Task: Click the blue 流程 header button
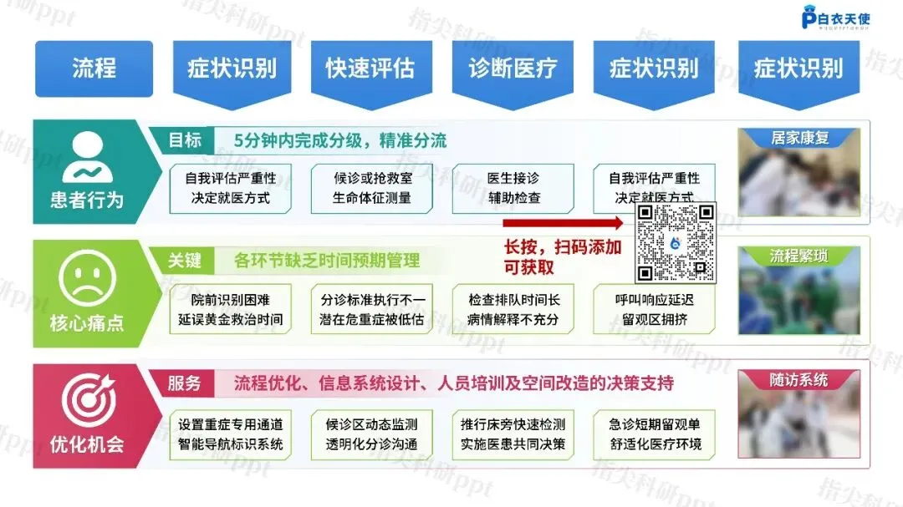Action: [x=94, y=68]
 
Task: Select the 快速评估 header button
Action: [x=370, y=68]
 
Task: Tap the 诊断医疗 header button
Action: [x=513, y=68]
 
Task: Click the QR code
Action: [x=676, y=242]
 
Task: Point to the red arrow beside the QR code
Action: [x=564, y=223]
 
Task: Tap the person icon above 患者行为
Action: [x=87, y=160]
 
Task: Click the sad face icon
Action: [x=87, y=282]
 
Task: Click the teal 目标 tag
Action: [x=185, y=139]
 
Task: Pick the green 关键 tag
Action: [x=185, y=260]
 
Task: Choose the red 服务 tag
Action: [x=185, y=383]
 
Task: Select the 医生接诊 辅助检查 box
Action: [x=513, y=188]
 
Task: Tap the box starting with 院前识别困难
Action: [x=231, y=309]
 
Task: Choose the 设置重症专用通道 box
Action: [x=231, y=434]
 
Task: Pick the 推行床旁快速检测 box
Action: [x=513, y=434]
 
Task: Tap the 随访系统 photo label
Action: [x=799, y=380]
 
